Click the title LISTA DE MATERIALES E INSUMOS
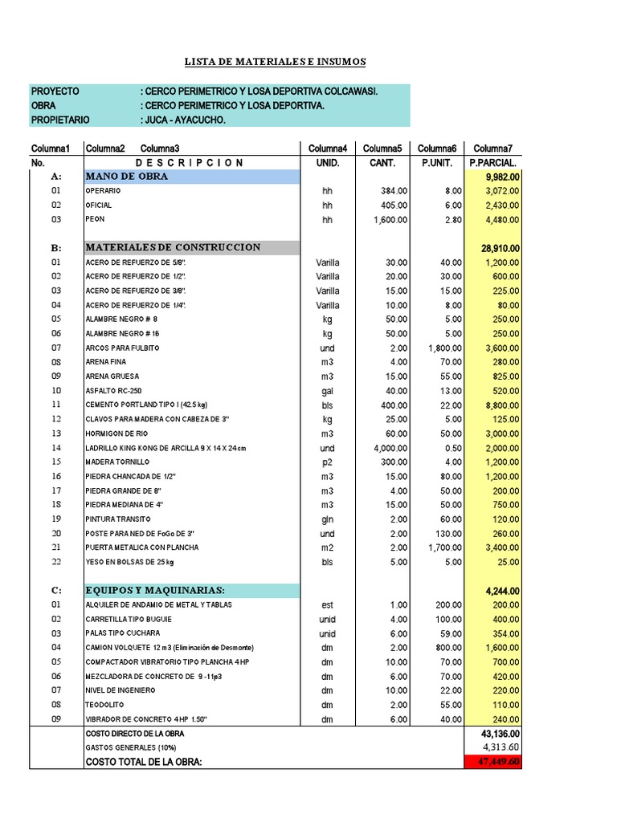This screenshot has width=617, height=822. (x=275, y=62)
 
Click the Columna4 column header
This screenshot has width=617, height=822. (x=327, y=149)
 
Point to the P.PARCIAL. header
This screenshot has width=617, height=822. (x=492, y=162)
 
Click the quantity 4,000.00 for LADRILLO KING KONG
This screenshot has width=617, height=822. (x=388, y=448)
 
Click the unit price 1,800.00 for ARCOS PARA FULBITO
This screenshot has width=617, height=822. (x=443, y=348)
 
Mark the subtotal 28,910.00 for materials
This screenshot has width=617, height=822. (x=500, y=248)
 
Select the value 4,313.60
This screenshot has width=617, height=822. (x=500, y=747)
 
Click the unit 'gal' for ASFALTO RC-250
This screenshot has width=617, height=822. (x=327, y=390)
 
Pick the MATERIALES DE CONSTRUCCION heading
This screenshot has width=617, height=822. (x=173, y=247)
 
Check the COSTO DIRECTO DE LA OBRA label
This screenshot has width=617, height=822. (x=135, y=734)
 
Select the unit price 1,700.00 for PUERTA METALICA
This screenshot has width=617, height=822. (x=443, y=547)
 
